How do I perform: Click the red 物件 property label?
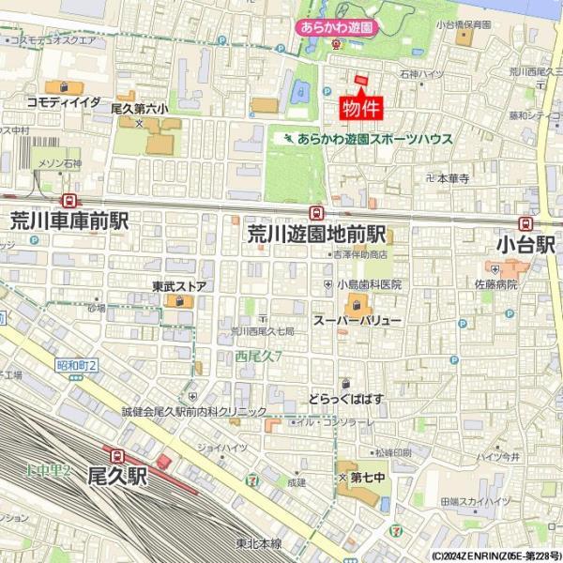coord(360,107)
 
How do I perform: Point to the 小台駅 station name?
coord(525,245)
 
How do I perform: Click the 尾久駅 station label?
coord(118,477)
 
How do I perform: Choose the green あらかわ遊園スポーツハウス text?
coord(374,139)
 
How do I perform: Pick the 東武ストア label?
coord(179,286)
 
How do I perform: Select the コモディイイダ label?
coord(64,101)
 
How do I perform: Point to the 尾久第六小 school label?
coord(140,109)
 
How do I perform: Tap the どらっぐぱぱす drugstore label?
coord(347,399)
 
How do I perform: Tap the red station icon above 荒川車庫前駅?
coord(68,201)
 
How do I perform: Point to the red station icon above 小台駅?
coord(525,224)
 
